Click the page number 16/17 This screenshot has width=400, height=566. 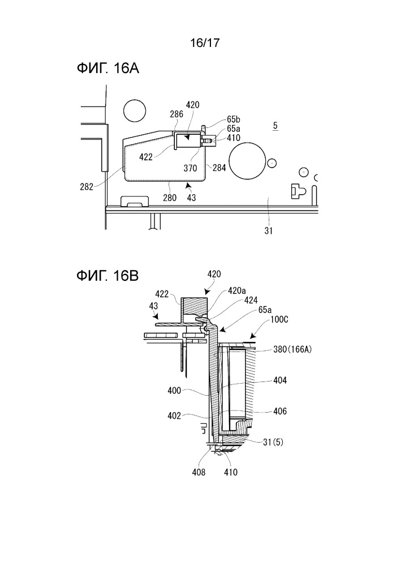200,41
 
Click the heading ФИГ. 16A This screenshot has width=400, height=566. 107,69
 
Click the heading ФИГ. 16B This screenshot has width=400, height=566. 107,276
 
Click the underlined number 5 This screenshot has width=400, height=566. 275,126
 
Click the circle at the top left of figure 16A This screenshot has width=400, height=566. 135,110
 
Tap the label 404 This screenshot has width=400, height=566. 279,381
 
